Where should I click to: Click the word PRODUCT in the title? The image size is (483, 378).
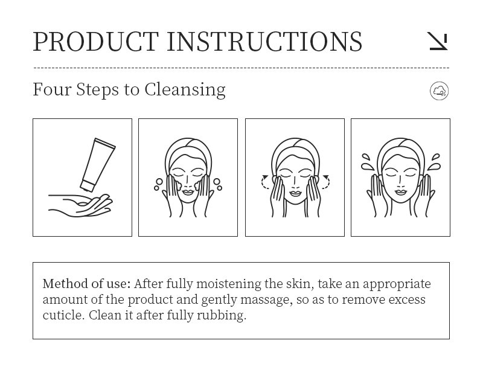pos(95,41)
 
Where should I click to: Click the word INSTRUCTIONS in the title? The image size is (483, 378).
pos(264,41)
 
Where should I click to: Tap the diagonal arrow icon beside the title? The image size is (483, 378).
pos(438,41)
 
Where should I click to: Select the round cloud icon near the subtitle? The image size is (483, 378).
pos(439,91)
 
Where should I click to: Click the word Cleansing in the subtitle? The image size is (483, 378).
pos(185,90)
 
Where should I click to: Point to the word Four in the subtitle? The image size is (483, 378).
pos(52,89)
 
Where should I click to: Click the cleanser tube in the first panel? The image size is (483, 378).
pos(97,165)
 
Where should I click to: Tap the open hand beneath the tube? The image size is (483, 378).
pos(80,205)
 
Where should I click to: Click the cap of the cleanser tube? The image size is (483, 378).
pos(87,186)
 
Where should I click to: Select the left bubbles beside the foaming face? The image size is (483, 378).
pos(158,184)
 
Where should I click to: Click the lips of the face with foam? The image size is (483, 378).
pos(188,193)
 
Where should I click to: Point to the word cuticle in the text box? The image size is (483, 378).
pos(63,315)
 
